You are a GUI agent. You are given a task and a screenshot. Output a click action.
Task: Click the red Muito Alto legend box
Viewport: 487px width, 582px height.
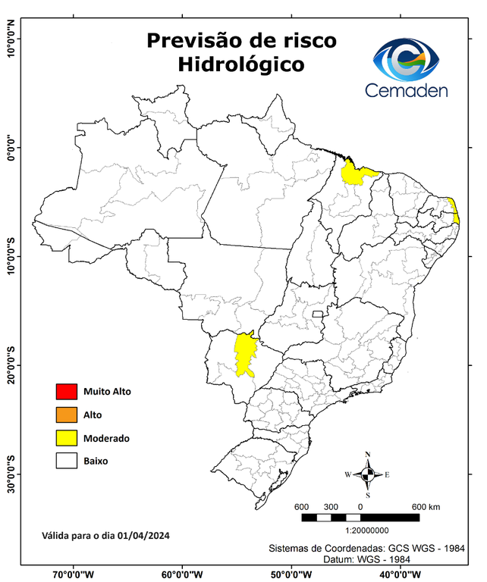(x=66, y=392)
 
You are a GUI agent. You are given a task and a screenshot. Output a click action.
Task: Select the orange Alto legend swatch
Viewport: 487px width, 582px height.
(x=66, y=415)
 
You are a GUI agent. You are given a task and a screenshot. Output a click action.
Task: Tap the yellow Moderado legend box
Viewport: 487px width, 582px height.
(x=66, y=437)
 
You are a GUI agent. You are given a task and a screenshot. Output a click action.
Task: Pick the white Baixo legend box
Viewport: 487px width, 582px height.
(x=66, y=460)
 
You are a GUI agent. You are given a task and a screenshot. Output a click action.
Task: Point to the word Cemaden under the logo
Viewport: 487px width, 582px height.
(x=406, y=90)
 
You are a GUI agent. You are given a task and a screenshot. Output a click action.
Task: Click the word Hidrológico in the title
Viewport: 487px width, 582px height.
(x=241, y=65)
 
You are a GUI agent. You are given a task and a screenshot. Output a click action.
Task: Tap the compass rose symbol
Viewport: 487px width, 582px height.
(x=367, y=474)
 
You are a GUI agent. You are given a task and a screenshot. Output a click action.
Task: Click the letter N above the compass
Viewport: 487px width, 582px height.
(x=367, y=455)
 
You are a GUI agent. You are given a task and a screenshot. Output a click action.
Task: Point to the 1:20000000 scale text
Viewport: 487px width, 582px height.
(x=367, y=531)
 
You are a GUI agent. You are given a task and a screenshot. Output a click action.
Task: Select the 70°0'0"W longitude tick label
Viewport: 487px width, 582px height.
(x=73, y=574)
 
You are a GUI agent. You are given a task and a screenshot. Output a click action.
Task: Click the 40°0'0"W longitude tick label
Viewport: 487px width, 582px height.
(x=402, y=574)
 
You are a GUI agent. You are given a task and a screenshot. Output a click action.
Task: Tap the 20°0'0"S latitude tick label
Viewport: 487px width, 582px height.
(x=11, y=365)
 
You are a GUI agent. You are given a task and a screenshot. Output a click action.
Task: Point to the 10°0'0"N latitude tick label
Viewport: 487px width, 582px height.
(x=11, y=39)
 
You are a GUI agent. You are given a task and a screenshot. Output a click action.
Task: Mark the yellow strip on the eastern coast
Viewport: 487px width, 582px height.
(x=454, y=211)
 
